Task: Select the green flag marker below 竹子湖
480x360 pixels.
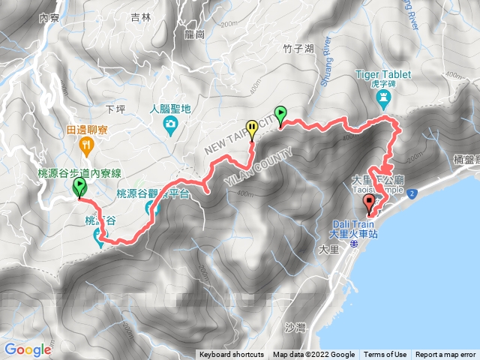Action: point(280,115)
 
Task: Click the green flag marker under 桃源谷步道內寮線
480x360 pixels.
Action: point(79,187)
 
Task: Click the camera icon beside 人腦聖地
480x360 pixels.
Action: point(172,123)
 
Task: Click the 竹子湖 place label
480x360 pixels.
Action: point(278,49)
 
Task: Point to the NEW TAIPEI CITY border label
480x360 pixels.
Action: point(232,140)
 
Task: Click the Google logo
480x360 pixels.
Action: point(27,349)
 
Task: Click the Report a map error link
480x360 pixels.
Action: point(446,355)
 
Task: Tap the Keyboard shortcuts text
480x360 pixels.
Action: point(231,355)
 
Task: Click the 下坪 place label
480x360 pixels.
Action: point(115,109)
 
